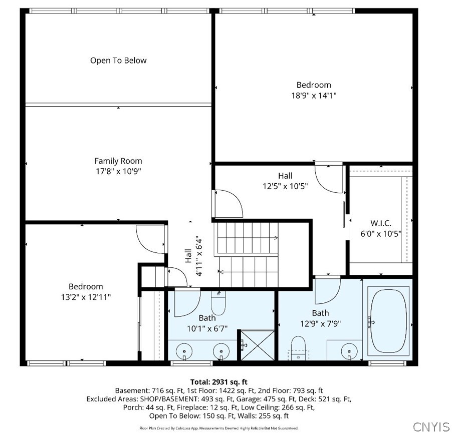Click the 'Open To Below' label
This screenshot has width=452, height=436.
tap(118, 61)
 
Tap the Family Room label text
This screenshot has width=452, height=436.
tap(118, 161)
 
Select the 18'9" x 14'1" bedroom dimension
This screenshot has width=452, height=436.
tap(314, 96)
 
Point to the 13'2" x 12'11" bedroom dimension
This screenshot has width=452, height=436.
tap(86, 297)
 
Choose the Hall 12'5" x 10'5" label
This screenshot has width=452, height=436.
tap(285, 181)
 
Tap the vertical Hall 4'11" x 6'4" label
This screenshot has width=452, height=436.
tap(193, 256)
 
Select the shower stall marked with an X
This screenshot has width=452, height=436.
tap(256, 345)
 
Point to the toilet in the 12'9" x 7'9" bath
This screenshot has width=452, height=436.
tap(298, 348)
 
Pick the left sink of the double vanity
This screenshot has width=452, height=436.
tap(184, 351)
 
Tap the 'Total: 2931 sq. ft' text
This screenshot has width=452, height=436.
tap(218, 381)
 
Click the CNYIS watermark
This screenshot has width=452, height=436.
tap(431, 426)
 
